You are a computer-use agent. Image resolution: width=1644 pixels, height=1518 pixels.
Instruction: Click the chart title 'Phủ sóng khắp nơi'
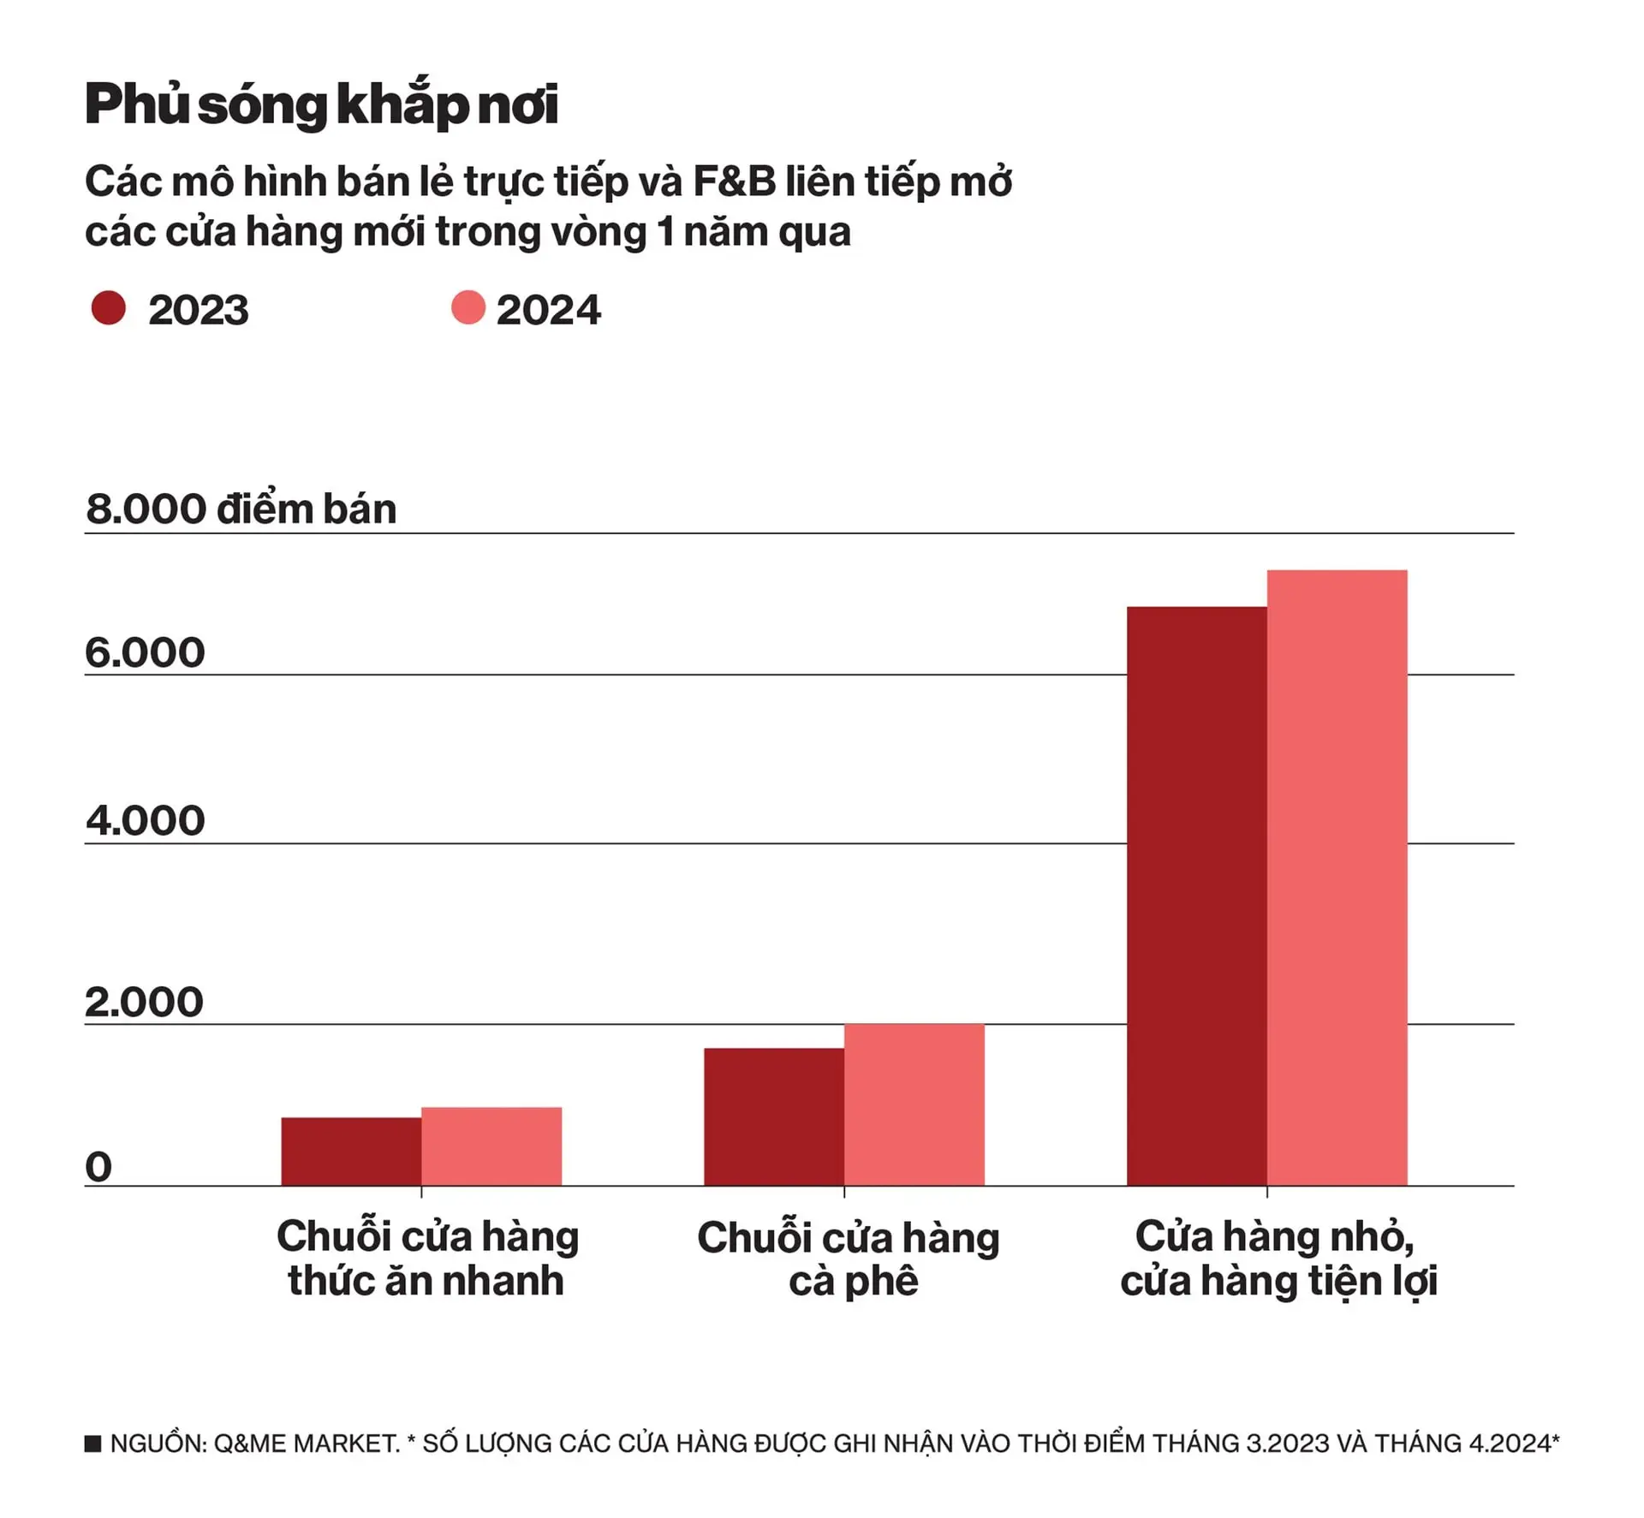321,104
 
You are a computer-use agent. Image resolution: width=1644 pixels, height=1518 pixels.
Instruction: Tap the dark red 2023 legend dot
109,308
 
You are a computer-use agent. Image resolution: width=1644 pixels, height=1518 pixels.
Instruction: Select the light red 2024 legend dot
468,308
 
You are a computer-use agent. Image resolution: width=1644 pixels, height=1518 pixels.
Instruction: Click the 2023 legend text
198,310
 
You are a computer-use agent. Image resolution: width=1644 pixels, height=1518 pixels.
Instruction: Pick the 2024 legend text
548,310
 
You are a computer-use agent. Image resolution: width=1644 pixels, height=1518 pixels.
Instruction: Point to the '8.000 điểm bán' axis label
241,509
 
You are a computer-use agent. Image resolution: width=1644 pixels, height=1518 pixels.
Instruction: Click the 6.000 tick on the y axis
145,653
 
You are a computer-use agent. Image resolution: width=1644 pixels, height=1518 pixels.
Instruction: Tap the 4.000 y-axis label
145,821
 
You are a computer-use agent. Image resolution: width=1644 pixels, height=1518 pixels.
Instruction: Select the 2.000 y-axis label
144,1003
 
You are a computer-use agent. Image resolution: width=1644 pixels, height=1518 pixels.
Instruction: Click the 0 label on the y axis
98,1167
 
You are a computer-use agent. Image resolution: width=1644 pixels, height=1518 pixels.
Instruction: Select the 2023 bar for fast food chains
351,1152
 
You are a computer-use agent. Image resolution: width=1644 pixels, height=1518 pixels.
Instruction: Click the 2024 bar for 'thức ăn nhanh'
491,1146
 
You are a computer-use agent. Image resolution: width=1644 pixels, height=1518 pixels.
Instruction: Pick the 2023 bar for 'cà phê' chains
774,1117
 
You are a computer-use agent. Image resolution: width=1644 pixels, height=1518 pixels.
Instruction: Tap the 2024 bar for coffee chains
914,1104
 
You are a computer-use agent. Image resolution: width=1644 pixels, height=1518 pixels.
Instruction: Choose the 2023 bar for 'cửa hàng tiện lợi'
1196,896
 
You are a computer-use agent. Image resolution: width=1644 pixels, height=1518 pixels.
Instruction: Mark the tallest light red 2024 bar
1337,878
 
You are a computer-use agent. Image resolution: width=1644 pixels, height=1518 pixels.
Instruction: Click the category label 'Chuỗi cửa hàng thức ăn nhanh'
427,1259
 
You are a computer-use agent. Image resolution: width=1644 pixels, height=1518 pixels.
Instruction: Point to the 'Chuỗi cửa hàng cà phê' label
849,1259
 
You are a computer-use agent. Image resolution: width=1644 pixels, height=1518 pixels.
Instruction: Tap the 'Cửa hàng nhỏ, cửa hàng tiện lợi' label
1278,1259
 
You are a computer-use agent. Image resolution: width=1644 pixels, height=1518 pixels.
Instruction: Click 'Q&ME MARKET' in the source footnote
306,1444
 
